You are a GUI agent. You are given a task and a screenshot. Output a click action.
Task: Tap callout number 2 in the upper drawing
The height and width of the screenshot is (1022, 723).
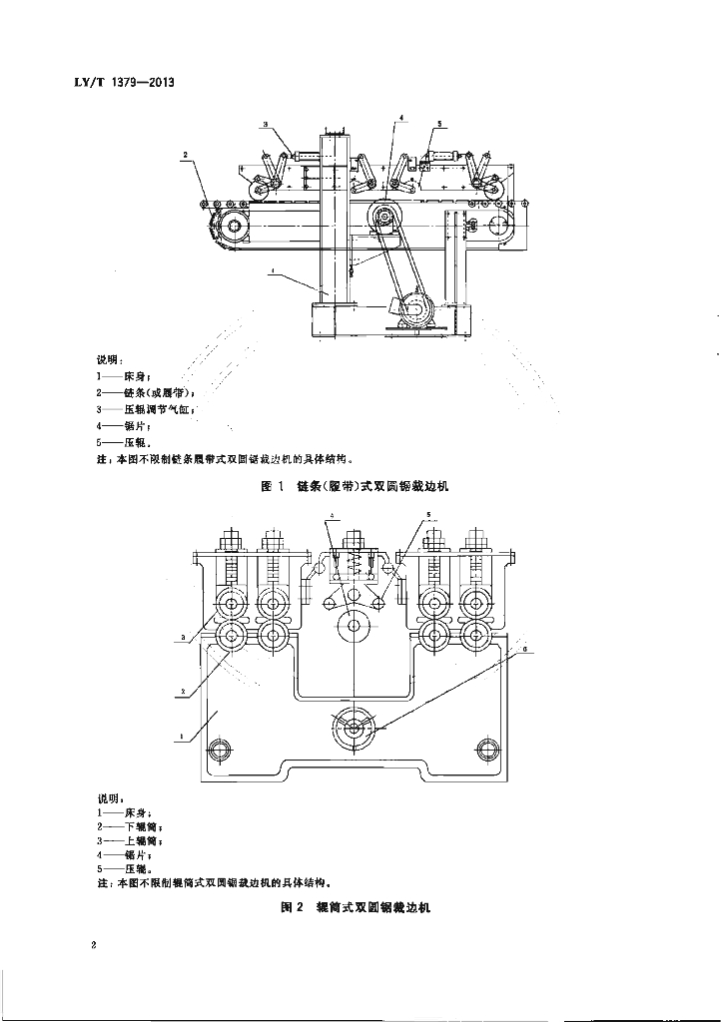pyautogui.click(x=186, y=155)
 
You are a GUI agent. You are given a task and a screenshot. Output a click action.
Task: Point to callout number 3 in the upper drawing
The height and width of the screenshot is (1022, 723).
pyautogui.click(x=266, y=124)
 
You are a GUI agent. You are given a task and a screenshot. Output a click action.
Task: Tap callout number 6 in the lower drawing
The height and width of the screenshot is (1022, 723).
pyautogui.click(x=525, y=649)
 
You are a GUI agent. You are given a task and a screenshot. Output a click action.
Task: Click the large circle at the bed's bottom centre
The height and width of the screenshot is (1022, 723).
pyautogui.click(x=355, y=728)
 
